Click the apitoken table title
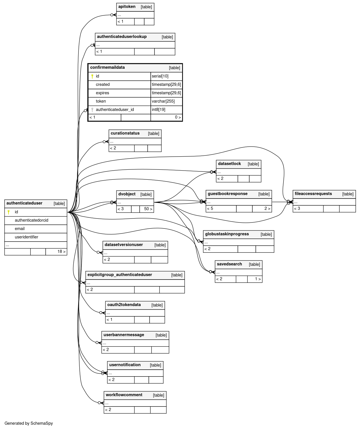(x=127, y=7)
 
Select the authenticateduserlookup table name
(x=122, y=37)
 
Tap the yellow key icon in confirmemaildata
(x=92, y=76)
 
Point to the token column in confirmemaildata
(x=101, y=101)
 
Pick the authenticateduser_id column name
(x=115, y=110)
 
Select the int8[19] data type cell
(x=159, y=110)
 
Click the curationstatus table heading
(x=125, y=133)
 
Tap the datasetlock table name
(x=229, y=164)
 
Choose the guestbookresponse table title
(x=228, y=194)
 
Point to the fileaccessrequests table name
(x=313, y=194)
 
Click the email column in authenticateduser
(x=20, y=229)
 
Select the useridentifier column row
(x=27, y=237)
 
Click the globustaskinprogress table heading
(x=227, y=234)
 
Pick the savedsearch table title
(x=229, y=264)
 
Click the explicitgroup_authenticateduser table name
(x=120, y=275)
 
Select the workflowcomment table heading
(x=124, y=395)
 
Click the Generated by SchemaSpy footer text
(x=29, y=423)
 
